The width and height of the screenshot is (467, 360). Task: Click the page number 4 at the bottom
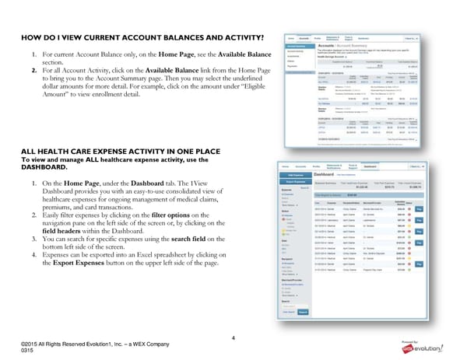click(x=232, y=337)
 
